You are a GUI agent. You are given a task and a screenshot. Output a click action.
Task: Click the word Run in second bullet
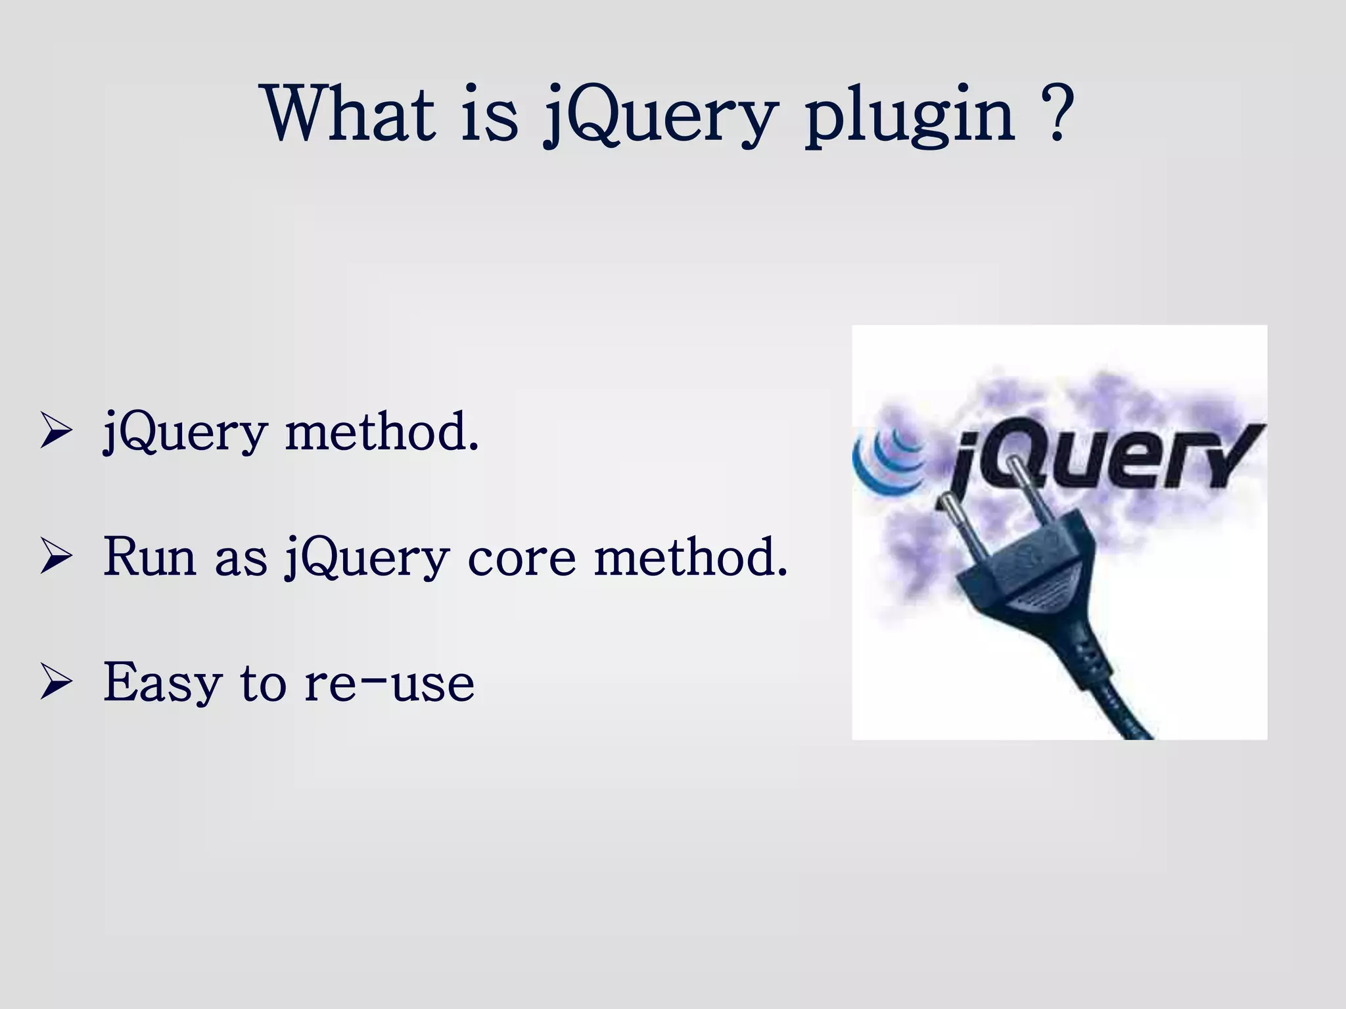click(150, 557)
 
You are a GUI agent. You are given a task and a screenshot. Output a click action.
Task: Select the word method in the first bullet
click(381, 432)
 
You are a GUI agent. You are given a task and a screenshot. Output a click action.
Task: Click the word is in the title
click(488, 113)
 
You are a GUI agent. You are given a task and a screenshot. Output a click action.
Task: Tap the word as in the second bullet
click(241, 558)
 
